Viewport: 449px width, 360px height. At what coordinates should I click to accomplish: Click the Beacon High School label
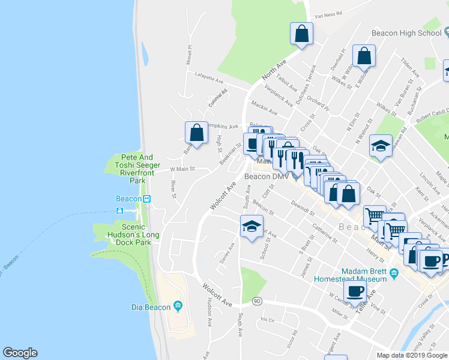406,33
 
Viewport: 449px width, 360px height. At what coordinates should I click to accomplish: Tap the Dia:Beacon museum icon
178,307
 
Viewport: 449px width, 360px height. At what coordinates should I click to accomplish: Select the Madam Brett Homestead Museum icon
394,274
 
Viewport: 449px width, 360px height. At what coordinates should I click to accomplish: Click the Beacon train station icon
146,199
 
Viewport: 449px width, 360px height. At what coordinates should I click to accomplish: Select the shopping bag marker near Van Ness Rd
301,34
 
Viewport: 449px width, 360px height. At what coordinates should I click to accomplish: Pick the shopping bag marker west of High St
196,132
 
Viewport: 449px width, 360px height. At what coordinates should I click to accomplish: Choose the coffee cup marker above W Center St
355,292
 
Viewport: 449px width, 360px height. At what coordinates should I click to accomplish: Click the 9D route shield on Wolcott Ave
257,301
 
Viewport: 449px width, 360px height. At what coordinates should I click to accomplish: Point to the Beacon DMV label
267,176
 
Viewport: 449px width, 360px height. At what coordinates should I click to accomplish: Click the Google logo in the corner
20,353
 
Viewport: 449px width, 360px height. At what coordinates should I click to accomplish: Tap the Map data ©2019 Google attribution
412,355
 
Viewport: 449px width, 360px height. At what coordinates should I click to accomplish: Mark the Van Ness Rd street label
328,13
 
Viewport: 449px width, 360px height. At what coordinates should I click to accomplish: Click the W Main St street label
182,169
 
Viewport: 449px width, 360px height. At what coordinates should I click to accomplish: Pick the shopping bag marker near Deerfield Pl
364,56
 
